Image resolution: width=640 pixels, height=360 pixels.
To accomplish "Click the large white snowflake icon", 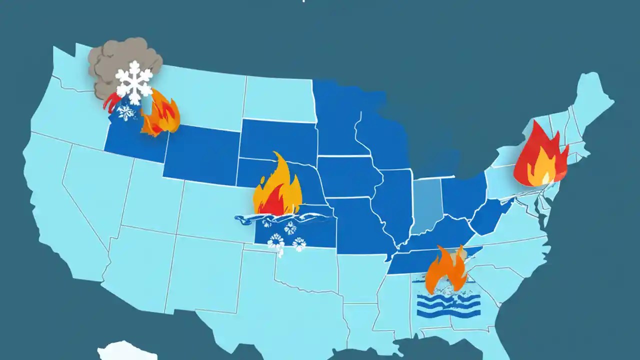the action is pos(133,82).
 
